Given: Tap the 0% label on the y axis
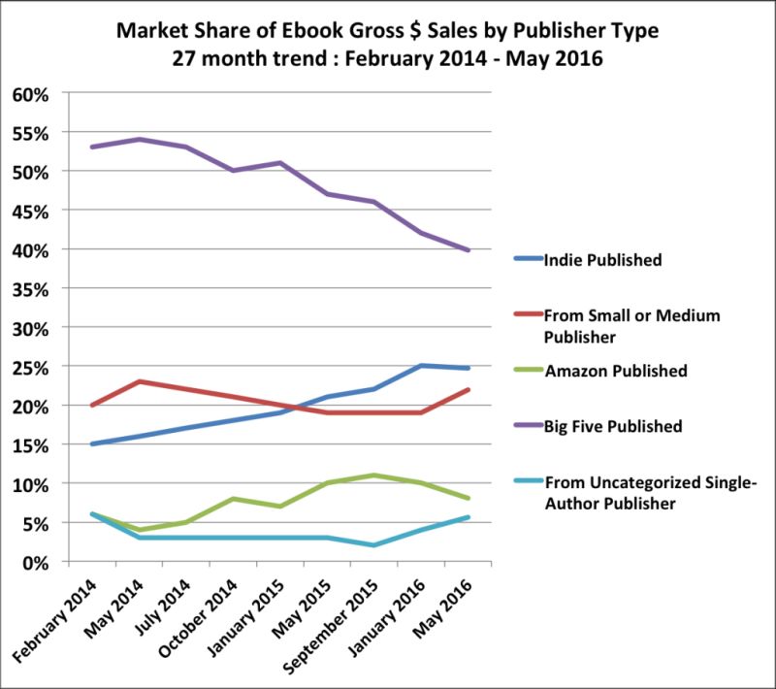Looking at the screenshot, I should [x=35, y=562].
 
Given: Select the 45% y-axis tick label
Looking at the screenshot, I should [x=30, y=211].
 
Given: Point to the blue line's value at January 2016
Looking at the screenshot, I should [x=421, y=366].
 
